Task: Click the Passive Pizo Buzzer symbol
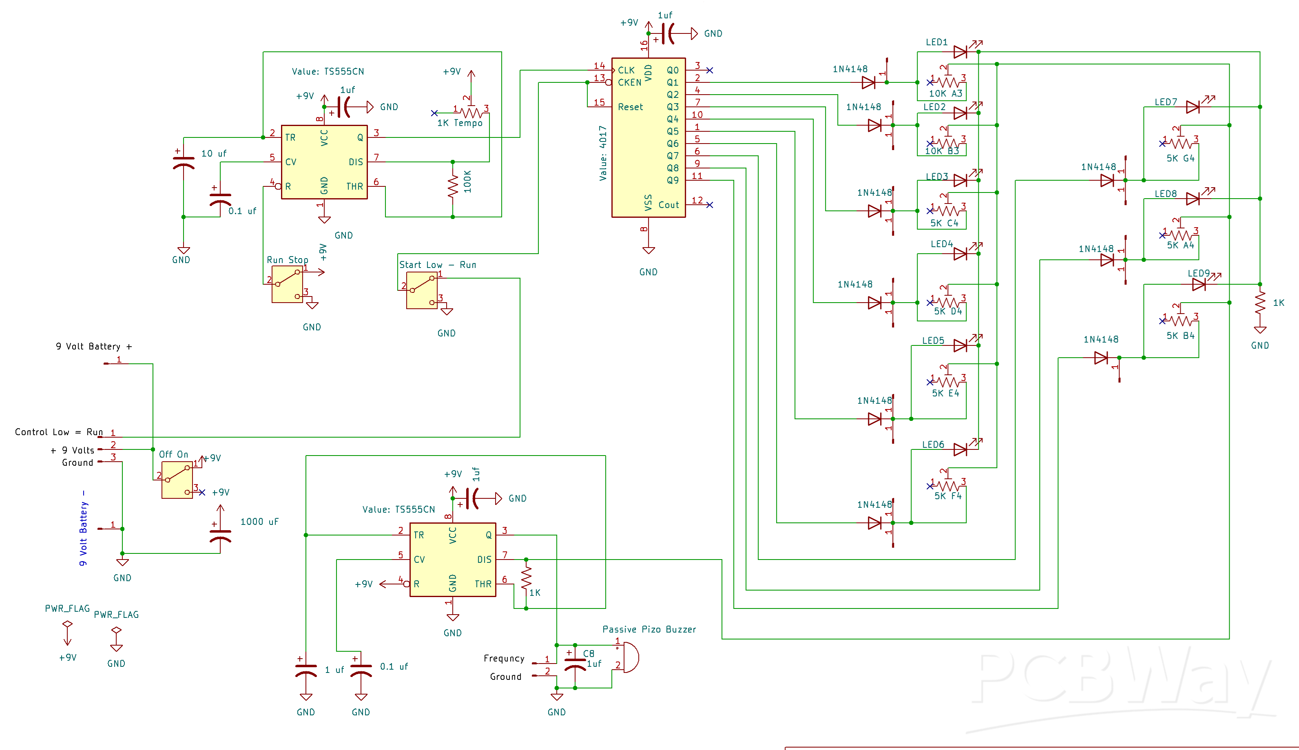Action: (629, 657)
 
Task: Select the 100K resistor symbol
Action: (453, 186)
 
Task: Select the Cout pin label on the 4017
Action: (668, 205)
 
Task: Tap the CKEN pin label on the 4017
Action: (629, 82)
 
